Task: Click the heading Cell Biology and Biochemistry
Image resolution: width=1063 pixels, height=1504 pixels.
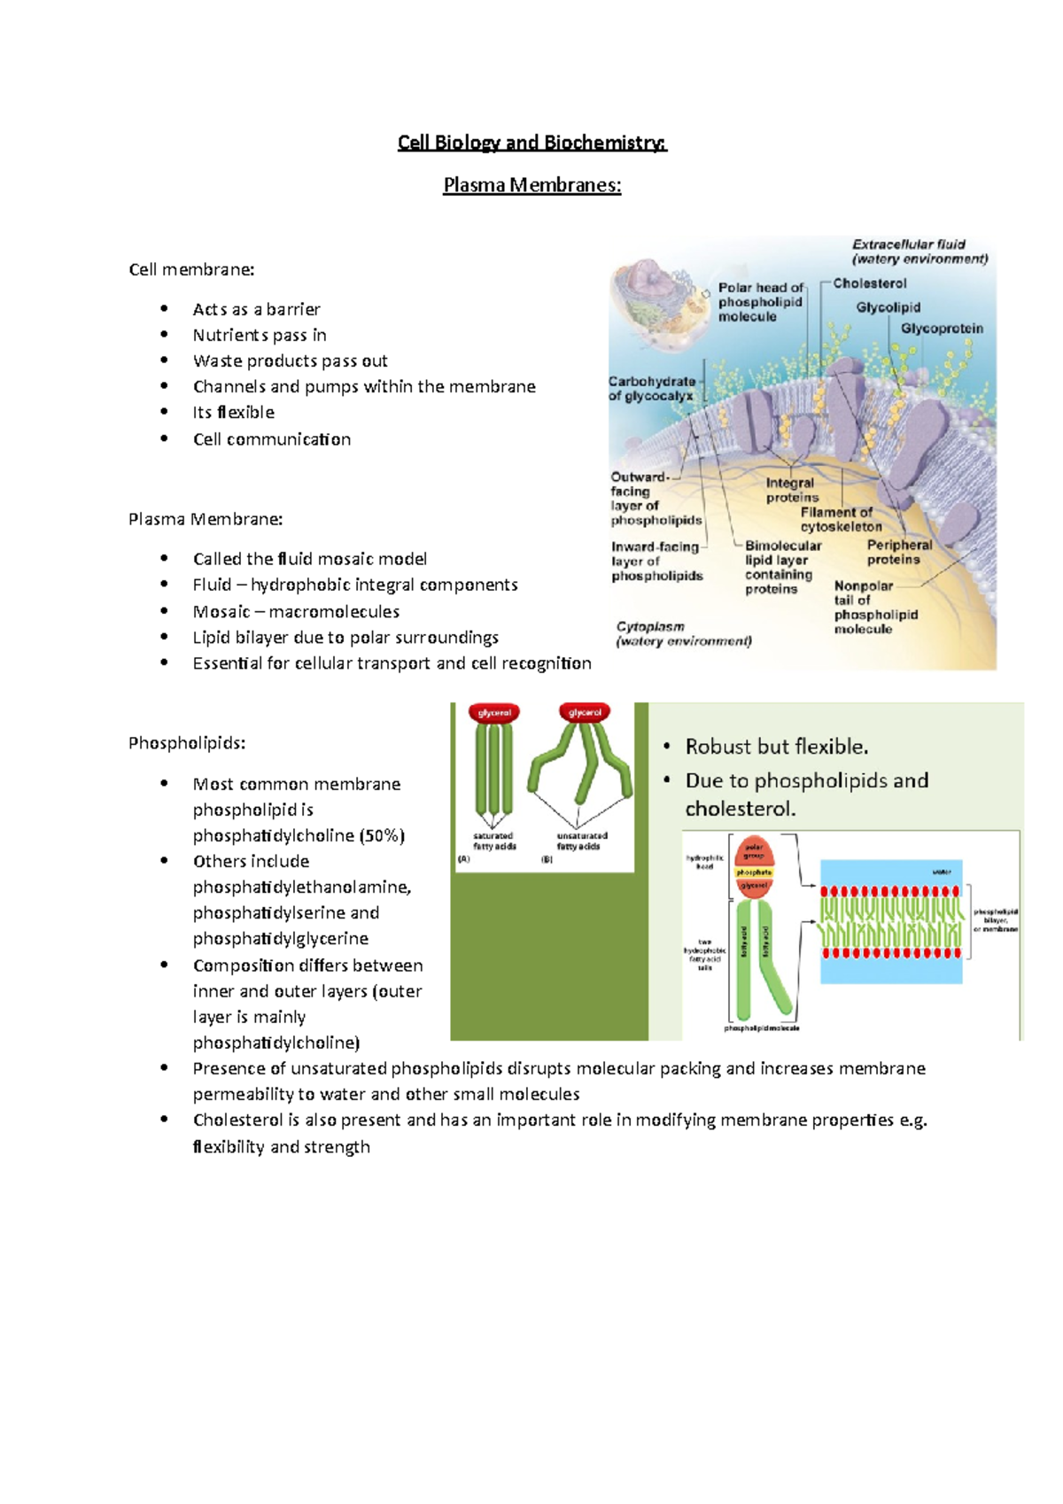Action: click(531, 143)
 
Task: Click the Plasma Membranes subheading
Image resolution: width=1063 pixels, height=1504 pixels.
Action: click(531, 185)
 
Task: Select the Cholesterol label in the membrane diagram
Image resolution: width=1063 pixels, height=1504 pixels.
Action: click(869, 283)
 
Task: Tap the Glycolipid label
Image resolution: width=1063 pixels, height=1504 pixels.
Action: click(888, 307)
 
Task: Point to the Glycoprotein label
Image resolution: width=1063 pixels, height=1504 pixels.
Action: click(942, 329)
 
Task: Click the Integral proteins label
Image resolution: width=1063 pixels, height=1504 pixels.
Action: click(791, 490)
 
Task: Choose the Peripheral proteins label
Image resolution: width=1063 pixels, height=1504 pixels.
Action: click(898, 552)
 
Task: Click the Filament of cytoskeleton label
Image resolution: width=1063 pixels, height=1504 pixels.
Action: click(841, 519)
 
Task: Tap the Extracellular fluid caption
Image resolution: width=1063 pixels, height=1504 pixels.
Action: click(919, 252)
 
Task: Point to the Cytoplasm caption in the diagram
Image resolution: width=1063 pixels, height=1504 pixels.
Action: click(683, 633)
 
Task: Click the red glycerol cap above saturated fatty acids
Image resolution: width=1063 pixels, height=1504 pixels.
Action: click(494, 713)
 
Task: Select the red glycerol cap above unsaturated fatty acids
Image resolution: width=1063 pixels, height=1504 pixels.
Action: click(585, 712)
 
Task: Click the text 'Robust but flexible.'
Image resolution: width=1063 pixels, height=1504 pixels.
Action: click(776, 747)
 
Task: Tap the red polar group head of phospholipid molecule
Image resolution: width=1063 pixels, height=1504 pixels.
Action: click(754, 851)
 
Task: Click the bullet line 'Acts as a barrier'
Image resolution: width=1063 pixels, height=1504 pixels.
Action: click(256, 309)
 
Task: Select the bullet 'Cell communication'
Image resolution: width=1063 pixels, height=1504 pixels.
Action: click(271, 439)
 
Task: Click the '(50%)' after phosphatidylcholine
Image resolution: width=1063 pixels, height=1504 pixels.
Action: click(382, 835)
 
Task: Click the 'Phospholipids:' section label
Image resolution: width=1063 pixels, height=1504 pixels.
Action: click(186, 743)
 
